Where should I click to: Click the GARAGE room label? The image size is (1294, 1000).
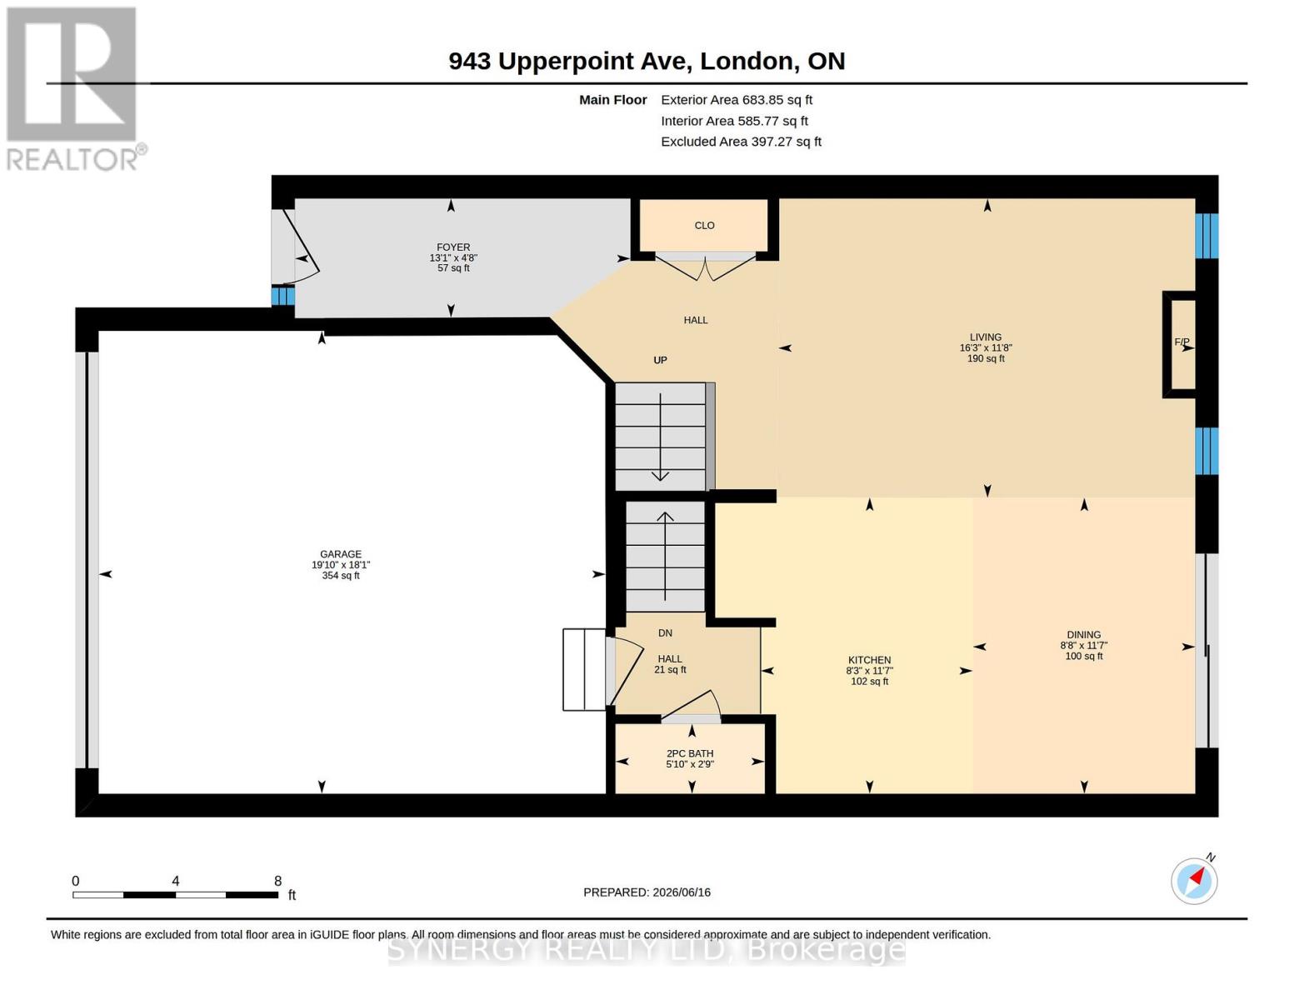point(341,554)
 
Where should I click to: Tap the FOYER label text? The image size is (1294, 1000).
point(453,247)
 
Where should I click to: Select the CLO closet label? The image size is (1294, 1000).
point(704,225)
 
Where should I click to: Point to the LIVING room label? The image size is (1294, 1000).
point(986,337)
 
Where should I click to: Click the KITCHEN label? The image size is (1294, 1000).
point(869,660)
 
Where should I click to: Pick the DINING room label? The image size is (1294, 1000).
point(1084,635)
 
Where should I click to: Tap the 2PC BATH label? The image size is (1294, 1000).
point(690,753)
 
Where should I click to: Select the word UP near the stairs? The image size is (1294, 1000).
point(660,360)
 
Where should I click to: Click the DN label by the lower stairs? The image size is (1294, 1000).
point(665,633)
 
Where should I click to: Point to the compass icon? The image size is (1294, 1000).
point(1194,881)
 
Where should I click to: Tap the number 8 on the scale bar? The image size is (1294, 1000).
point(277,881)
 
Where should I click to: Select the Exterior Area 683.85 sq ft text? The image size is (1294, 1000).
point(737,100)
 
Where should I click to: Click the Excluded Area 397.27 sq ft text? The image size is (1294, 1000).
point(741,142)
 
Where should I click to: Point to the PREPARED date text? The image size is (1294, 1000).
point(647,892)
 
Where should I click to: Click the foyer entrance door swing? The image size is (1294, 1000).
point(301,247)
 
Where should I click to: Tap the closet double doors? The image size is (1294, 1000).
point(705,267)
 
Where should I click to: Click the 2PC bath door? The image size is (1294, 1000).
point(691,705)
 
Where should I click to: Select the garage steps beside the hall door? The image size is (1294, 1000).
point(584,669)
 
